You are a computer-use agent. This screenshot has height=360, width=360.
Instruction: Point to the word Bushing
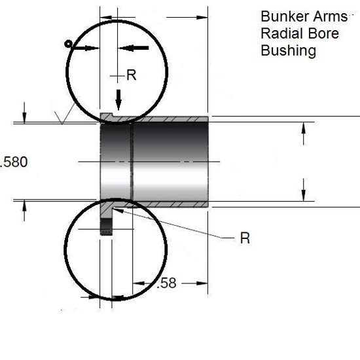[x=289, y=50]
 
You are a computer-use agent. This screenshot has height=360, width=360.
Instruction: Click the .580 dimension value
[x=14, y=162]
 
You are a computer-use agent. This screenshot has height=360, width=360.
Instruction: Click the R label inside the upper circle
[x=131, y=75]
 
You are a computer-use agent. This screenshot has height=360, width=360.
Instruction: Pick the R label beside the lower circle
[x=245, y=238]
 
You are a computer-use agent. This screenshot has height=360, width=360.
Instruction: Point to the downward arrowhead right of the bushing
[x=304, y=193]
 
